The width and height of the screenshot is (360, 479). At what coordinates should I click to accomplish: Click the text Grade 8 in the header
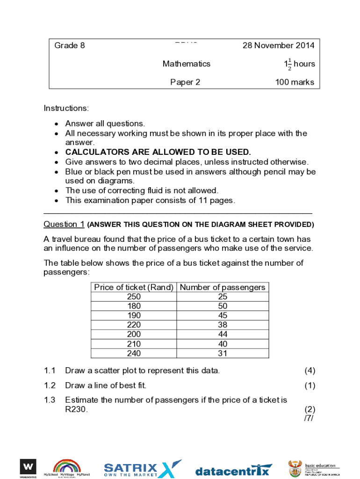pos(70,45)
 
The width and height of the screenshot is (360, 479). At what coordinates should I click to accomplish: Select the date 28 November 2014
pos(278,45)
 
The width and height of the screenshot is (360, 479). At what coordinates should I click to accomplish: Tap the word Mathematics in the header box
pos(186,64)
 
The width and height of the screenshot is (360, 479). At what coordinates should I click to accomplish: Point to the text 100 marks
pos(295,82)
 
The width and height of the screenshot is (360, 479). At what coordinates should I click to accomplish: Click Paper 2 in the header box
pos(185,82)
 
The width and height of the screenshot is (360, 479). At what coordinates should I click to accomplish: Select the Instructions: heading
pos(66,108)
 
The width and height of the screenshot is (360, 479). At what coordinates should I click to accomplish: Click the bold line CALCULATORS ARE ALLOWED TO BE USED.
pos(158,152)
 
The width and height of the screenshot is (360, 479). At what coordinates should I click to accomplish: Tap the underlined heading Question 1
pos(64,224)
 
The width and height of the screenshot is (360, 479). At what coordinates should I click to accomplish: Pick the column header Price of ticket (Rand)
pos(134,287)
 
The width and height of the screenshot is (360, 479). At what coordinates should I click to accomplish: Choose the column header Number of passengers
pos(223,287)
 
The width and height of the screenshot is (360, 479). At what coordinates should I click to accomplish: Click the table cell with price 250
pos(134,297)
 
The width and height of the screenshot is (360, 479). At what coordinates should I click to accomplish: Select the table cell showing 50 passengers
pos(223,306)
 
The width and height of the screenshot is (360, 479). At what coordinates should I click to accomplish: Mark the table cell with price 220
pos(134,325)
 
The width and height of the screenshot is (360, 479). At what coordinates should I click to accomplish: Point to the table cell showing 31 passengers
pos(223,354)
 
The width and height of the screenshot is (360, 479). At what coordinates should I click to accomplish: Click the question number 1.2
pos(50,385)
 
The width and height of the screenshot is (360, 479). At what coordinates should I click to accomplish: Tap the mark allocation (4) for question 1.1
pos(310,370)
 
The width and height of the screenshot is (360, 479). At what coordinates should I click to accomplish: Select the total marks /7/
pos(309,418)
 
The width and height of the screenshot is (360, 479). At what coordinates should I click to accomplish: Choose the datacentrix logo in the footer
pos(232,471)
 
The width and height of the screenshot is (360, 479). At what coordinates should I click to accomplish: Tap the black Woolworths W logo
pos(28,467)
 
